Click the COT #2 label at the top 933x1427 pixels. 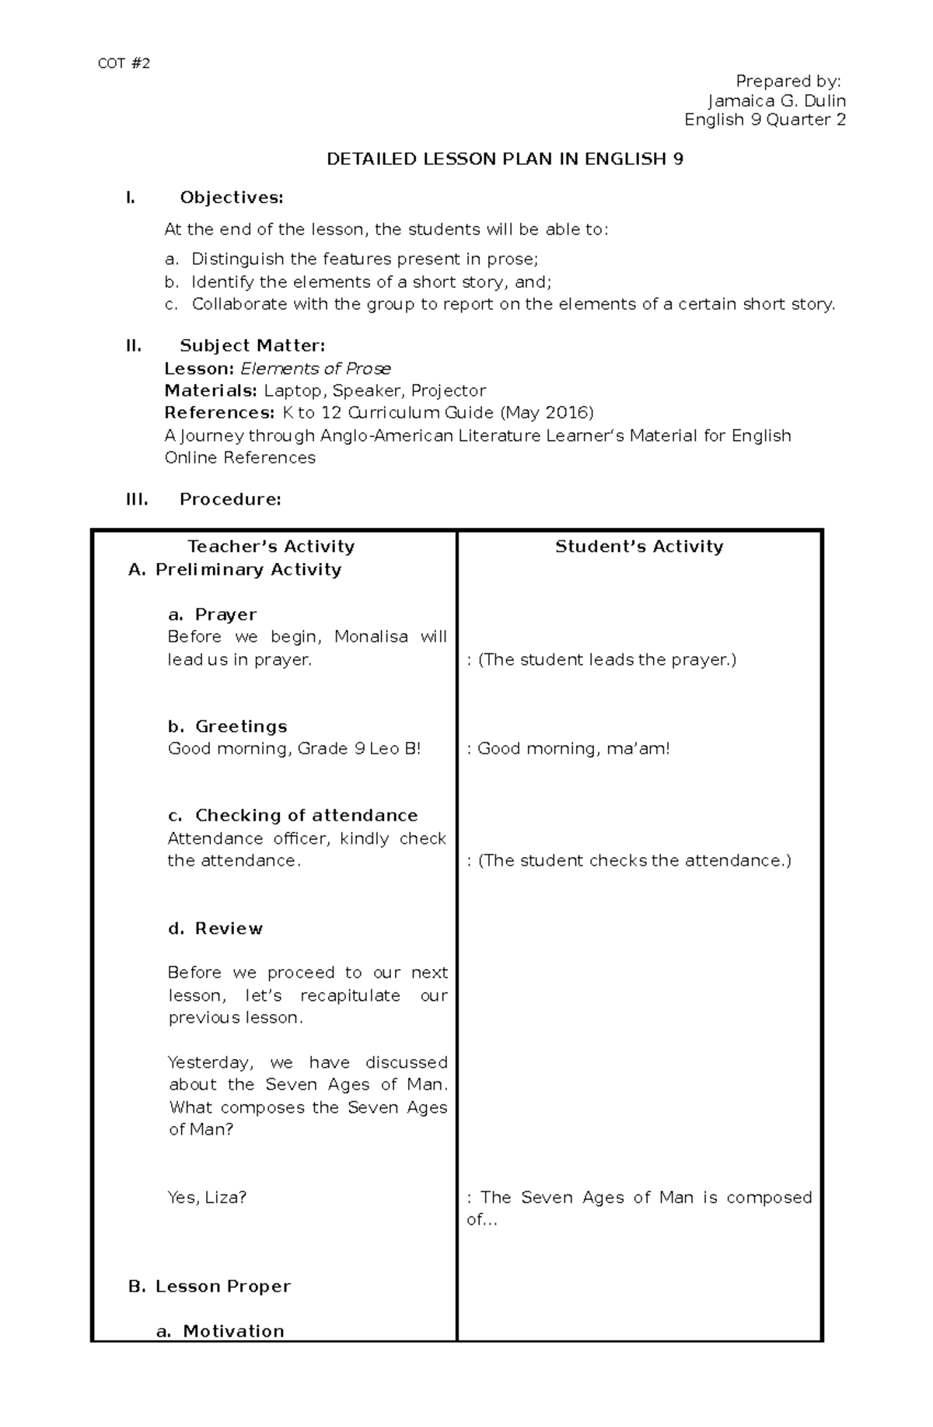(124, 64)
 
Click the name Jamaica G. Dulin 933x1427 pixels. (776, 101)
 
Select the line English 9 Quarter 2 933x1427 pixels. (764, 120)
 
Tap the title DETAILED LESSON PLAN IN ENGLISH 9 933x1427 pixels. (505, 159)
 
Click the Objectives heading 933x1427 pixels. (231, 198)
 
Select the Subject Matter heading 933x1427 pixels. (252, 345)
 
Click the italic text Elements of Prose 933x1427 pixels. (316, 369)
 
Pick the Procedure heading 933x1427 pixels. (229, 499)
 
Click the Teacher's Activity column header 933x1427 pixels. (271, 547)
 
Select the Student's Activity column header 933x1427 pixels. (639, 547)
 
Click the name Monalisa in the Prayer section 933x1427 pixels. (371, 637)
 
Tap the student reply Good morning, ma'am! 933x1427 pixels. (573, 749)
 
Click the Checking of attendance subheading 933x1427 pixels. (306, 815)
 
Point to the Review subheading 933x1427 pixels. (228, 929)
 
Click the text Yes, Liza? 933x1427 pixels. (207, 1198)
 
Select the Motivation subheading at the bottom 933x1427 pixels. (233, 1331)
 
